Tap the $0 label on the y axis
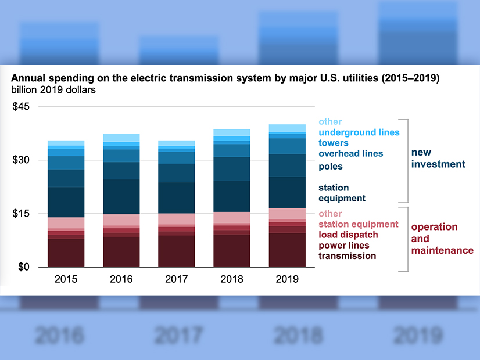[24, 267]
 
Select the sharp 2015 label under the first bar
[66, 279]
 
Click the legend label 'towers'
[334, 143]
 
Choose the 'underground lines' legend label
[359, 132]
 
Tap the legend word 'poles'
[331, 167]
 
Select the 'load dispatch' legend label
[348, 235]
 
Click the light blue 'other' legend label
[330, 122]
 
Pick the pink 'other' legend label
[330, 214]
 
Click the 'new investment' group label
[438, 158]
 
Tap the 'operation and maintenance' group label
[442, 239]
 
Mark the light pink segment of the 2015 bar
[66, 223]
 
